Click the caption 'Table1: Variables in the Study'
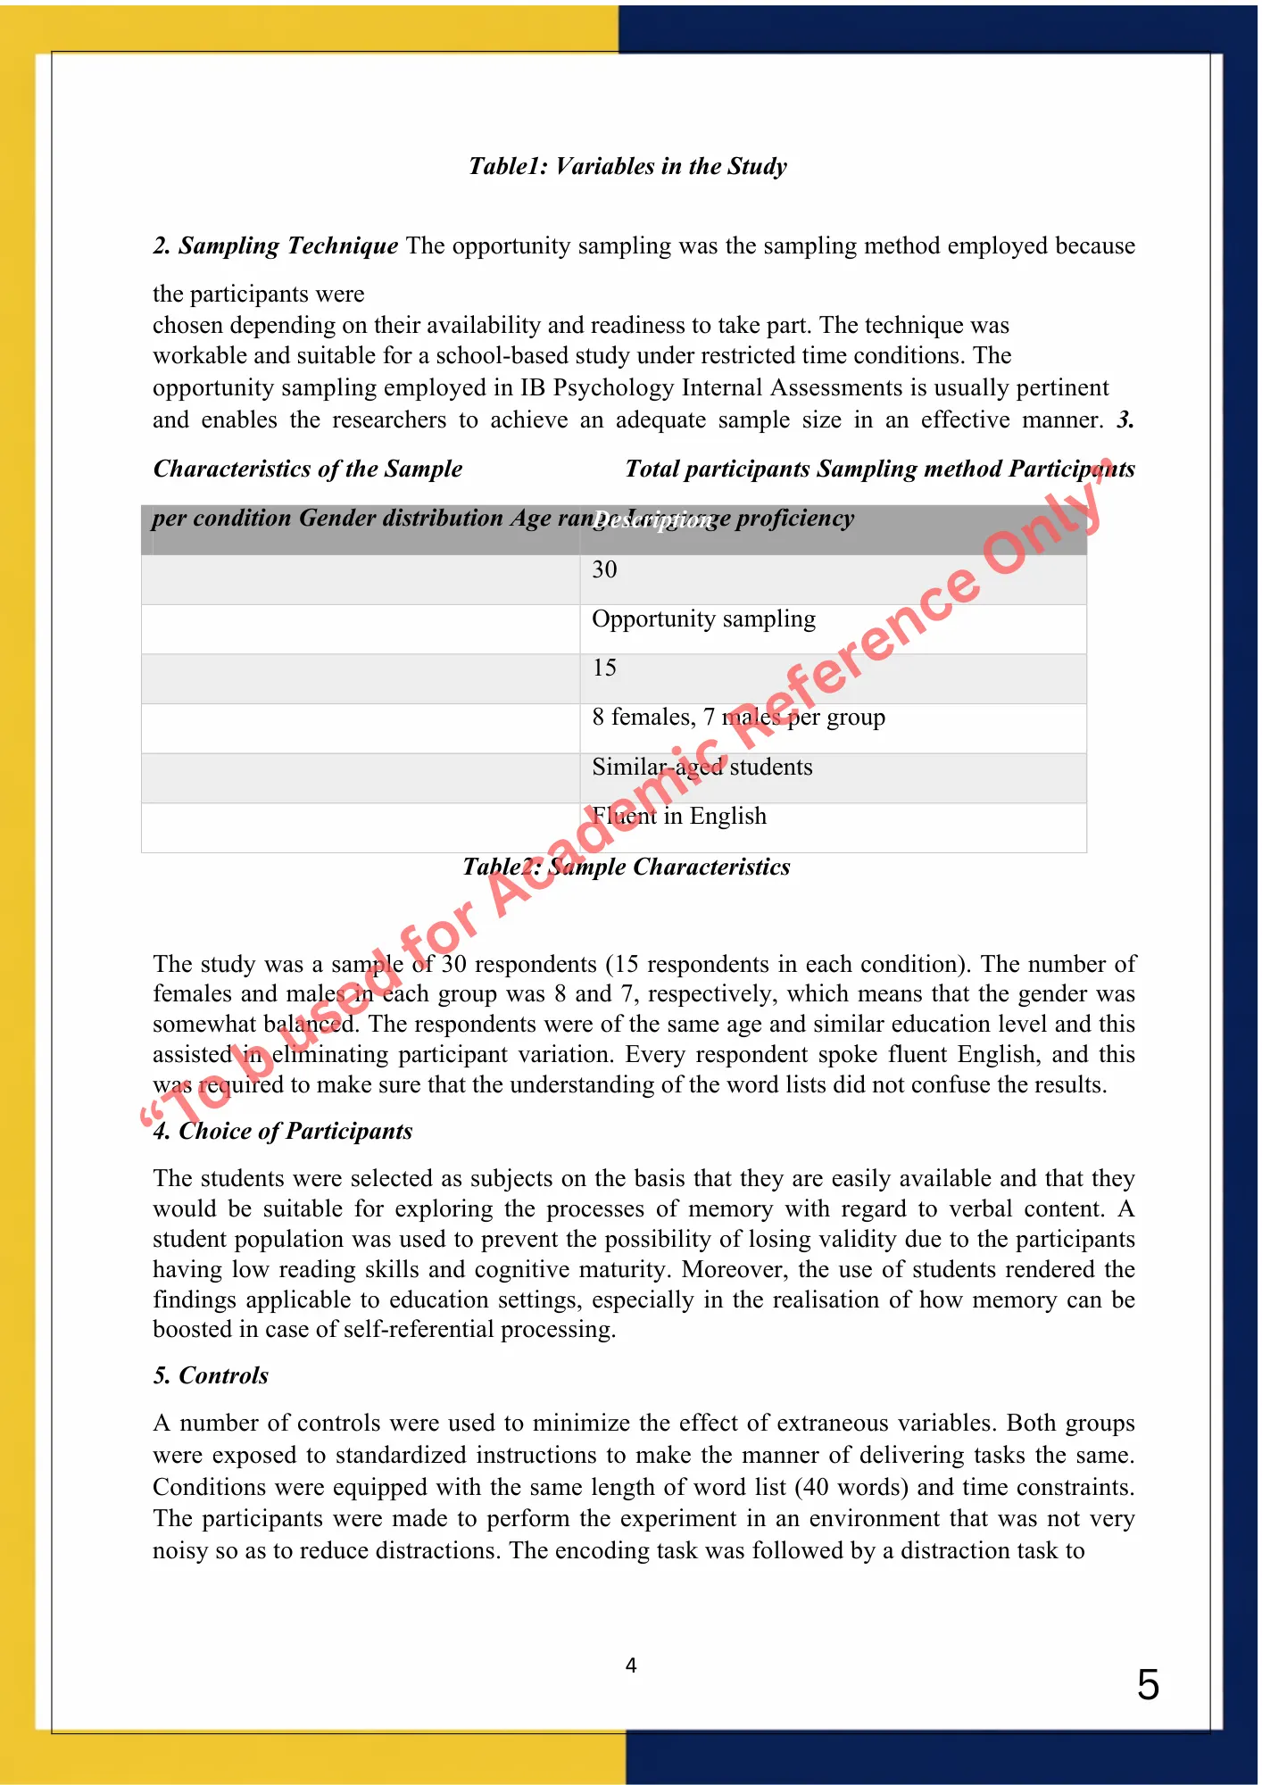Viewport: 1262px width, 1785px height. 627,167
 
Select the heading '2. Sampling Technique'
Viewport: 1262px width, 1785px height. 275,246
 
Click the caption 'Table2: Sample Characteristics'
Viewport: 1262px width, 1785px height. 626,868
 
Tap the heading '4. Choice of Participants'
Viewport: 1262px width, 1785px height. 282,1132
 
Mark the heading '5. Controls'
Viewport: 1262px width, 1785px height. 211,1376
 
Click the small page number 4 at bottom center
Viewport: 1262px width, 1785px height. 631,1665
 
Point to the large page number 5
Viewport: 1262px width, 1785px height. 1148,1685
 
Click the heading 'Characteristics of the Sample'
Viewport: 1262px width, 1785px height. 308,469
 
